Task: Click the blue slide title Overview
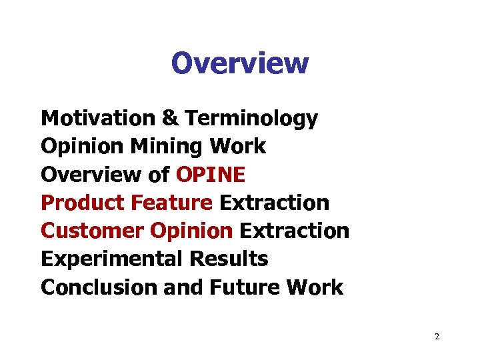pyautogui.click(x=240, y=63)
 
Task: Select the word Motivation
pyautogui.click(x=97, y=119)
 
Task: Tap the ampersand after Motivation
pyautogui.click(x=169, y=119)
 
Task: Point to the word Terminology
pyautogui.click(x=251, y=119)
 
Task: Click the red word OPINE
pyautogui.click(x=211, y=175)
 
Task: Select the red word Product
pyautogui.click(x=82, y=203)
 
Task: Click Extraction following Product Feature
pyautogui.click(x=274, y=203)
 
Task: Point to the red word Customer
pyautogui.click(x=93, y=231)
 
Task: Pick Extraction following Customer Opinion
pyautogui.click(x=294, y=231)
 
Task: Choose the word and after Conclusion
pyautogui.click(x=179, y=287)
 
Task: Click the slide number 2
pyautogui.click(x=437, y=337)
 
